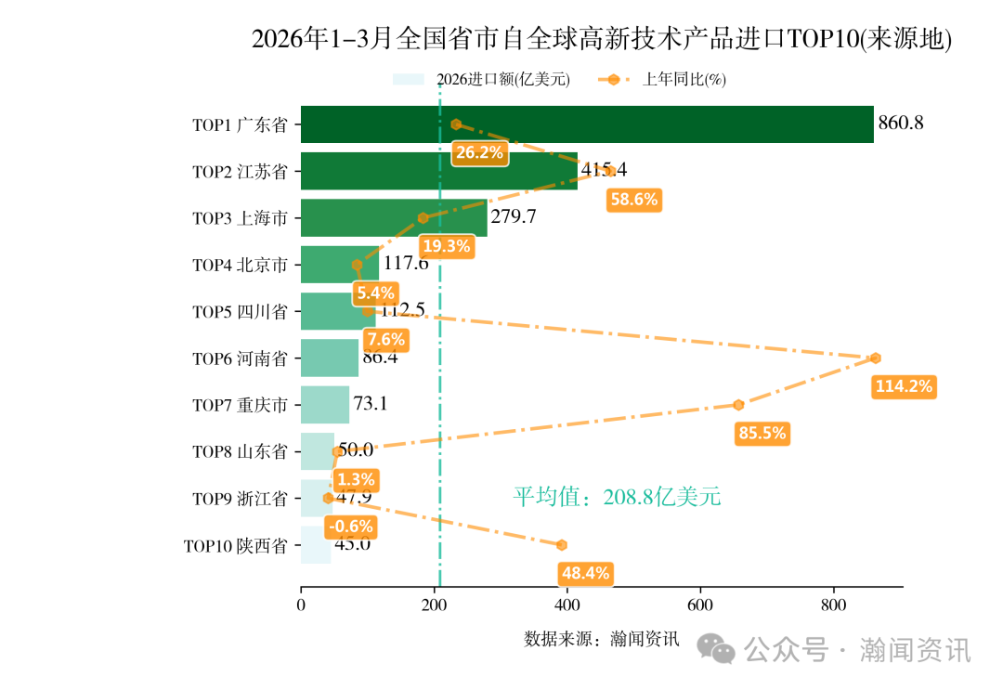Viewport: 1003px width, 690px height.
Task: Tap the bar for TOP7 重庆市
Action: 325,405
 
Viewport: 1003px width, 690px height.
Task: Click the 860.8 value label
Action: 900,123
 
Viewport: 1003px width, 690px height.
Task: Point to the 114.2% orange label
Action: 904,386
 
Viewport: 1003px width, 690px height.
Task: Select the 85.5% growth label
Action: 762,433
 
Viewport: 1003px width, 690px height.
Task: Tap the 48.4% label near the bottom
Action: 584,573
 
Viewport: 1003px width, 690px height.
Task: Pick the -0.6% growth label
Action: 351,527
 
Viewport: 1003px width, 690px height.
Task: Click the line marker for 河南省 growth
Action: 875,358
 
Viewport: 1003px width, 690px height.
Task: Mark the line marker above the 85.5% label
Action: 738,405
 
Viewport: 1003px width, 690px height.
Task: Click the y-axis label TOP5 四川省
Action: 240,312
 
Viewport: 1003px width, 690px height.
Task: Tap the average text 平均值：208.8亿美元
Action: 617,497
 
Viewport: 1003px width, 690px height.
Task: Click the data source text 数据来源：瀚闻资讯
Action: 602,639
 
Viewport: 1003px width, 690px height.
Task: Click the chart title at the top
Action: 602,40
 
